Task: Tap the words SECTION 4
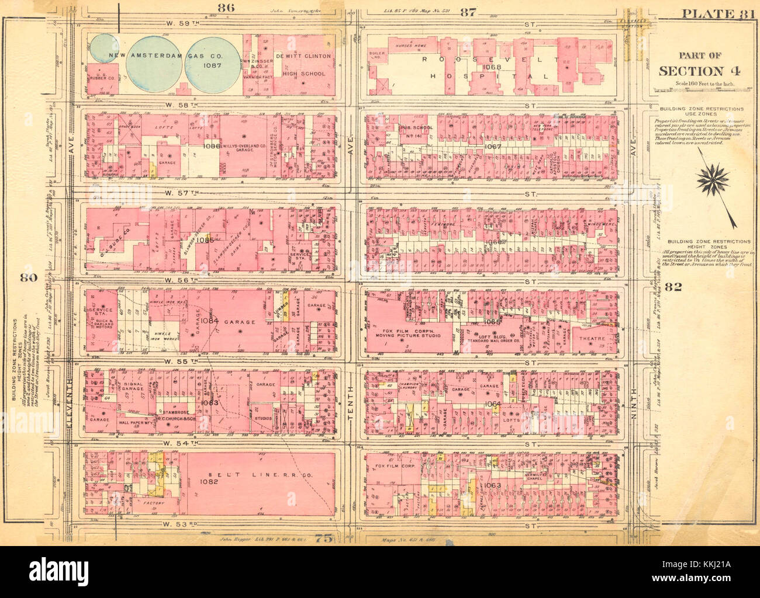click(x=699, y=71)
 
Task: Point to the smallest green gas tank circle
click(x=103, y=48)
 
